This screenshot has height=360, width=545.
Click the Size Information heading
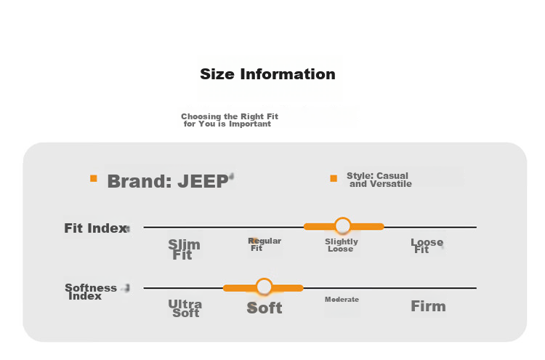point(267,74)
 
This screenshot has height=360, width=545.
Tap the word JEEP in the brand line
point(203,181)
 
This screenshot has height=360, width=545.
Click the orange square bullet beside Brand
point(94,178)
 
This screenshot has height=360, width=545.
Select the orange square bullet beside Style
point(334,178)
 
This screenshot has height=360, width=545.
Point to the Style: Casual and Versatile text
point(379,180)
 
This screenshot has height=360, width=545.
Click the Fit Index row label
point(96,228)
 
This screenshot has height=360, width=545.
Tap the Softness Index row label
point(91,292)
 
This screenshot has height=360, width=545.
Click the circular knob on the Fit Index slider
point(343,226)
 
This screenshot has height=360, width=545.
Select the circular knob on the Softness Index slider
point(265,287)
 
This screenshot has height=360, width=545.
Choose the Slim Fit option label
point(185,249)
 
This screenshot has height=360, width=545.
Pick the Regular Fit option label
point(265,244)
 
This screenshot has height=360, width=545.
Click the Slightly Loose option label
point(342,245)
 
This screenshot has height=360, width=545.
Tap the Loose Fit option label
point(427,246)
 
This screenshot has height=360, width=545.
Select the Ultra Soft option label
point(185,308)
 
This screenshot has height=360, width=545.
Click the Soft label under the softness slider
point(265,308)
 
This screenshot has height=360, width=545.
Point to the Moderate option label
point(342,300)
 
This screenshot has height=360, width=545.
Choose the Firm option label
point(428,306)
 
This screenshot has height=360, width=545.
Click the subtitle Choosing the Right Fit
point(230,116)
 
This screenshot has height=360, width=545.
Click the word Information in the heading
point(288,74)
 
